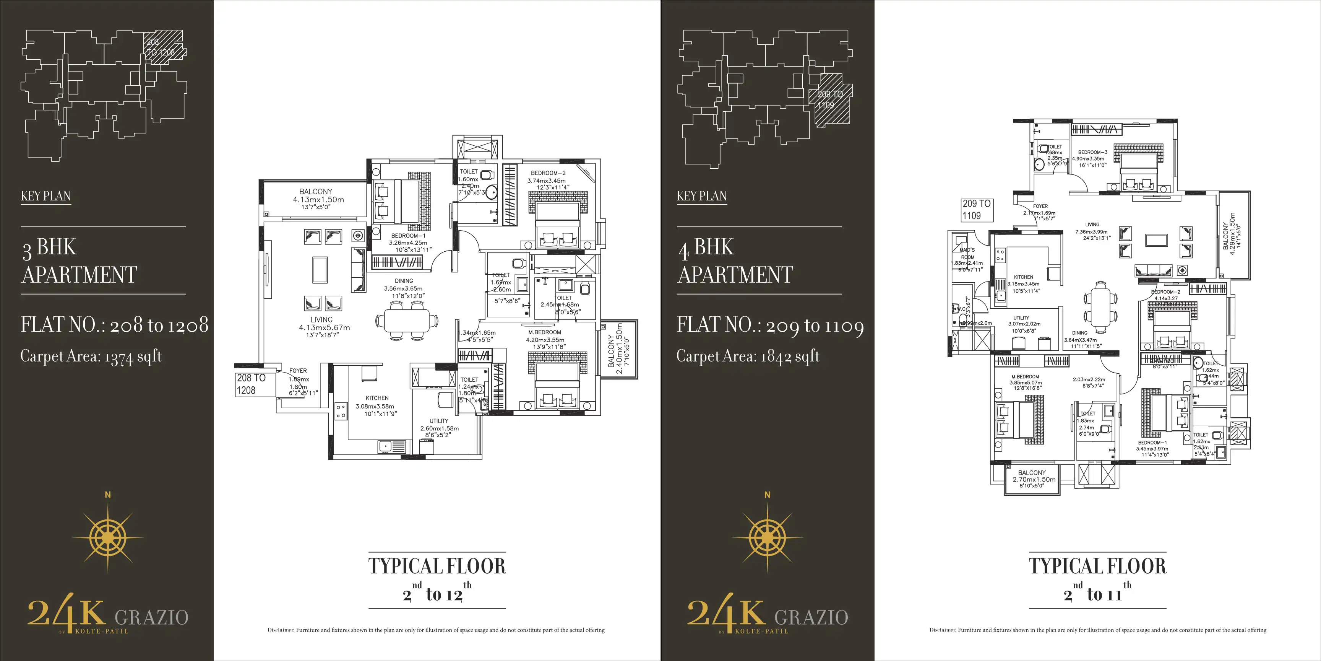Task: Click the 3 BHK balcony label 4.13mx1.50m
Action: tap(318, 200)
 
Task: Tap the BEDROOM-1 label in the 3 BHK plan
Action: tap(408, 236)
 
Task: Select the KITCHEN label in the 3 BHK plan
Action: tap(377, 398)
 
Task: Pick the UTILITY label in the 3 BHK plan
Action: tap(439, 421)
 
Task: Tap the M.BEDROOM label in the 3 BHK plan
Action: tap(545, 332)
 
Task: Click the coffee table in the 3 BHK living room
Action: tap(320, 269)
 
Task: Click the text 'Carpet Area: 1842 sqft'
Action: tap(748, 357)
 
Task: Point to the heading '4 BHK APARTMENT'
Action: tap(735, 261)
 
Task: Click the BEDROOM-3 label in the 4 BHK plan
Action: tap(1092, 152)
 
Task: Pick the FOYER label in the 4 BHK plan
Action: tap(1040, 206)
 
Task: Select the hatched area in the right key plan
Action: tap(831, 100)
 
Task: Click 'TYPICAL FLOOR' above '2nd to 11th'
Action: tap(1097, 566)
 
